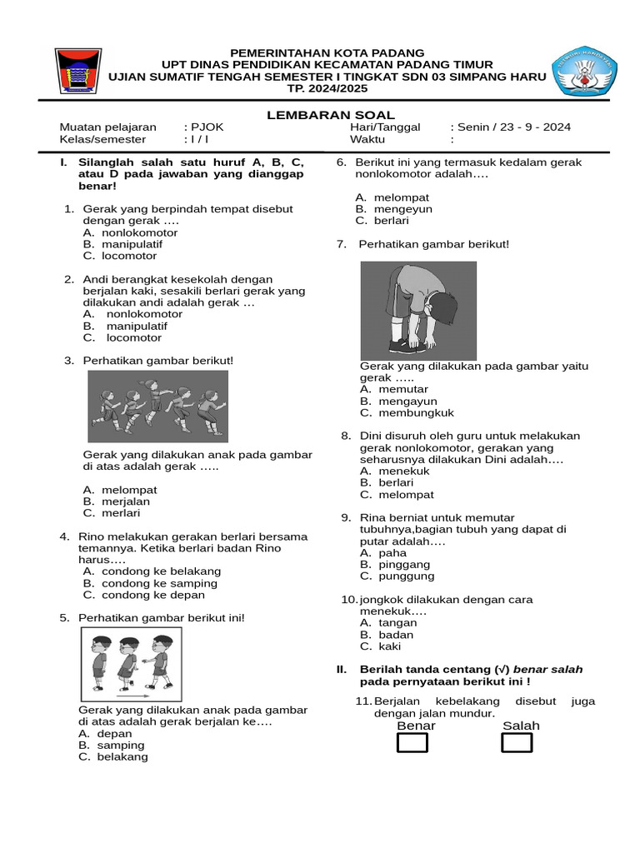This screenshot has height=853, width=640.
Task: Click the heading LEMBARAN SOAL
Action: [x=331, y=115]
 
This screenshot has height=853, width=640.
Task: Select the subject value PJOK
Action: [x=207, y=127]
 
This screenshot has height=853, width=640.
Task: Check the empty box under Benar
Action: [x=412, y=742]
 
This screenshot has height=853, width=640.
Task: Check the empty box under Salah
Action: [x=517, y=742]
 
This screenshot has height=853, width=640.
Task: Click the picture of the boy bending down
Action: [x=418, y=310]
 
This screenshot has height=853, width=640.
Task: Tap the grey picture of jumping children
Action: [x=158, y=406]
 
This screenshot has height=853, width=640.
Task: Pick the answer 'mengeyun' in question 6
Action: [x=402, y=209]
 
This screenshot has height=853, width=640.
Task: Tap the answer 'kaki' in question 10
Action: [x=389, y=646]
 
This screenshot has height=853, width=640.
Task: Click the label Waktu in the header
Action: [x=367, y=140]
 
